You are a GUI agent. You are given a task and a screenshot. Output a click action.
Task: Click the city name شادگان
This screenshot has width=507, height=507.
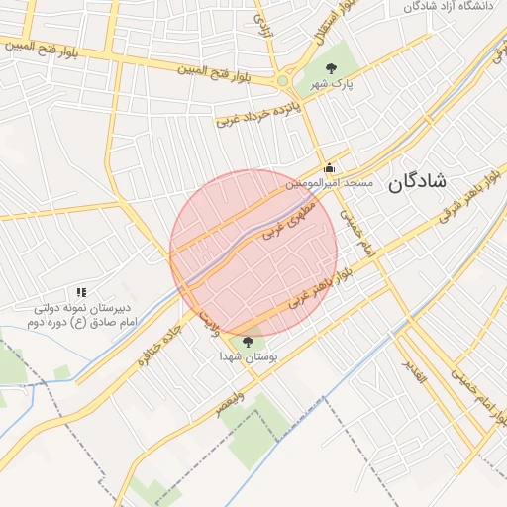click(x=417, y=181)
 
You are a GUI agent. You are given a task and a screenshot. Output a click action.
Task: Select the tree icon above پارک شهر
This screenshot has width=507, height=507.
click(x=331, y=68)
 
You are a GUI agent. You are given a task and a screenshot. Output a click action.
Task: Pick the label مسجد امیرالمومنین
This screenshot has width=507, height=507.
click(x=330, y=183)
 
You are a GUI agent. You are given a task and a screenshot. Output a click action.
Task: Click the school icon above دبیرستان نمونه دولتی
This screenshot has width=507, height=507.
click(x=81, y=293)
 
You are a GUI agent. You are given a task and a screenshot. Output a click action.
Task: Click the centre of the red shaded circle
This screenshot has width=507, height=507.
click(x=253, y=253)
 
